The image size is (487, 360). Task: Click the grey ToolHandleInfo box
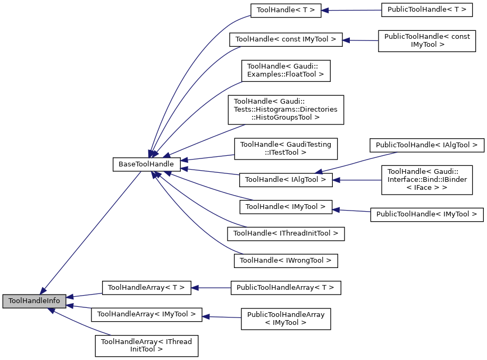[x=35, y=302]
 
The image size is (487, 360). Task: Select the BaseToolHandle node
[x=146, y=164]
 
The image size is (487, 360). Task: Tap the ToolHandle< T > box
[x=286, y=10]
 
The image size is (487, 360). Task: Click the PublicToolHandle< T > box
[x=426, y=10]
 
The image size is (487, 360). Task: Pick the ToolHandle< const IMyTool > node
[x=286, y=39]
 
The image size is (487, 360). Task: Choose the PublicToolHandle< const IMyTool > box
[x=426, y=40]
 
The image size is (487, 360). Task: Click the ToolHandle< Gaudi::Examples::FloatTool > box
[x=286, y=70]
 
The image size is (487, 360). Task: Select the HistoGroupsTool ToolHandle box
[x=286, y=110]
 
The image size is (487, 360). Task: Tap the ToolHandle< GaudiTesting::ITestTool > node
[x=286, y=148]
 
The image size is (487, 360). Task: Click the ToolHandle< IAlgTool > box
[x=286, y=180]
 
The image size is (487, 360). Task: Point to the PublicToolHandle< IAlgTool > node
[x=426, y=145]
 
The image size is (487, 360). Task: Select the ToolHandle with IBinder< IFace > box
[x=426, y=180]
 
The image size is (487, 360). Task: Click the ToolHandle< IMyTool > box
[x=286, y=206]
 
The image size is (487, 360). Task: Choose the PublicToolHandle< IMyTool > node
[x=426, y=214]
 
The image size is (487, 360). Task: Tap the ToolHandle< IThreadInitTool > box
[x=286, y=233]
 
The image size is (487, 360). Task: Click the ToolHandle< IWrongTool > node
[x=286, y=261]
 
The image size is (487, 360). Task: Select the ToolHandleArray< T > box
[x=146, y=288]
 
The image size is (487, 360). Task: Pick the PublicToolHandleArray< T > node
[x=286, y=288]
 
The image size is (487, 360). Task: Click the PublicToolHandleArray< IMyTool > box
[x=286, y=319]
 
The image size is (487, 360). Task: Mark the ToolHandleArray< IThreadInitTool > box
[x=146, y=346]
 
